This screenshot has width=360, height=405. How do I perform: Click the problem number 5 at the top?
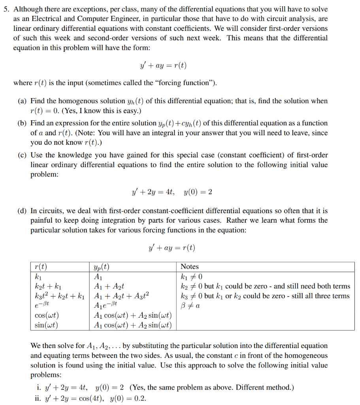(x=6, y=9)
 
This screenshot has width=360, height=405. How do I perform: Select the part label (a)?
(x=22, y=101)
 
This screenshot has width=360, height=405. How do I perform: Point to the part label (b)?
(x=22, y=123)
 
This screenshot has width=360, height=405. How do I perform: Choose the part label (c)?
(x=22, y=155)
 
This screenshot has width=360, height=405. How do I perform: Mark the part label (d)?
(x=22, y=211)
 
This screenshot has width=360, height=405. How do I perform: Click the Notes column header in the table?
(x=189, y=267)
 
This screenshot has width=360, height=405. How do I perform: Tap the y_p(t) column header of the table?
(x=102, y=267)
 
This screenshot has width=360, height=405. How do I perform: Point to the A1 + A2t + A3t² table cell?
(x=121, y=296)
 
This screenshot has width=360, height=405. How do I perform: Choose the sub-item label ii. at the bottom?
(x=39, y=398)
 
